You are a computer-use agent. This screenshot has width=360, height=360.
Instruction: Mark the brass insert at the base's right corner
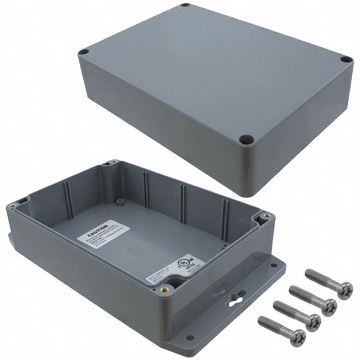[x=263, y=215]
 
